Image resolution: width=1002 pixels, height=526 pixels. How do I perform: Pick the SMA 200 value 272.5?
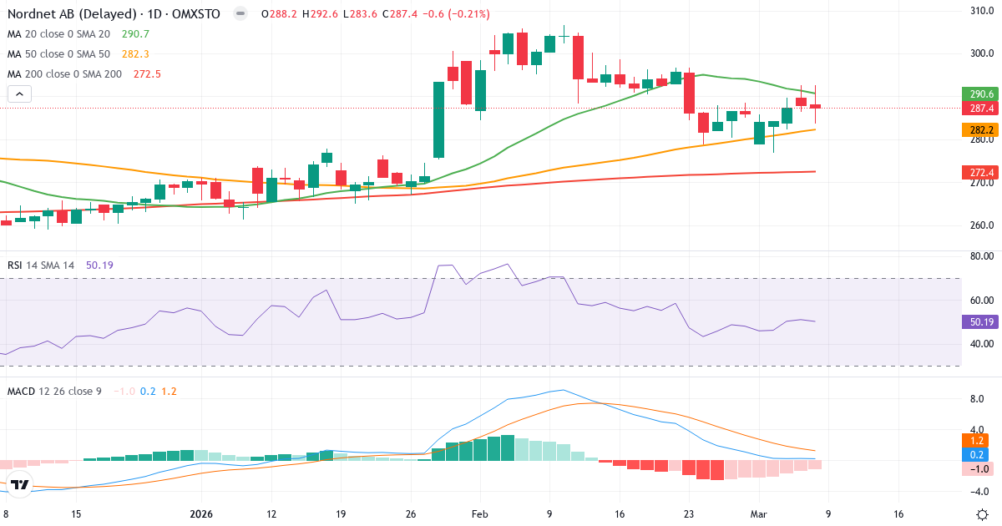coord(147,74)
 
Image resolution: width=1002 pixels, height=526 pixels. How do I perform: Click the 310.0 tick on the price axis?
coord(980,11)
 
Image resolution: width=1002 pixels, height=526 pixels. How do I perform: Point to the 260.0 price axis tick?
coord(980,225)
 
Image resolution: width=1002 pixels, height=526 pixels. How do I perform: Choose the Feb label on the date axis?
coord(478,514)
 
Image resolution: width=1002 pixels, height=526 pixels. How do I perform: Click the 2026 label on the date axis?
coord(202,514)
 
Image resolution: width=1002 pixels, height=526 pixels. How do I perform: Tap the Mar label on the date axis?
coord(758,514)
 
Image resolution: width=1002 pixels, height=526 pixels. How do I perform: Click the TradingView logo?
coord(20,484)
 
